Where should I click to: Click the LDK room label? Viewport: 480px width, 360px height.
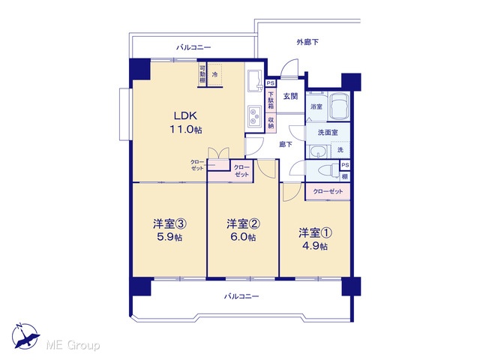(185, 115)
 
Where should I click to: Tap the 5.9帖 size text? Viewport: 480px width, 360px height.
(169, 237)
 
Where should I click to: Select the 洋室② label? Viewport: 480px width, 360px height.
(244, 223)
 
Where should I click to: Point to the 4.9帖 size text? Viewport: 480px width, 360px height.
(315, 246)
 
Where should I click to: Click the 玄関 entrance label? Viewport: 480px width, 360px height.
(290, 96)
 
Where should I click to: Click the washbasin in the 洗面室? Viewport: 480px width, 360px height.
(319, 151)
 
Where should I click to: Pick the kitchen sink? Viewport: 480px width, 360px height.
(255, 81)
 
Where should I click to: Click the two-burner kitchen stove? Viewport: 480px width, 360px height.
(254, 117)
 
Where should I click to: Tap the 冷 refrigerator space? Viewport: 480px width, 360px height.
(215, 75)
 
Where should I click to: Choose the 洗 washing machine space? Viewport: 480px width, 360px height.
(340, 150)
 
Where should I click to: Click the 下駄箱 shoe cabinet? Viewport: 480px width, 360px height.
(271, 100)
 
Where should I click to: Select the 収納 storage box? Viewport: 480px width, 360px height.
(271, 123)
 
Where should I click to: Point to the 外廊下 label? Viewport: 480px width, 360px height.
(307, 42)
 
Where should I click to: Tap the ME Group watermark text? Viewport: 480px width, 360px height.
(73, 345)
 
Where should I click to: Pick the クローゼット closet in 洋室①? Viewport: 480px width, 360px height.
(328, 192)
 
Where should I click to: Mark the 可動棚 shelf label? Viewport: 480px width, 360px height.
(202, 74)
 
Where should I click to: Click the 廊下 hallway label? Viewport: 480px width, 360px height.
(285, 144)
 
